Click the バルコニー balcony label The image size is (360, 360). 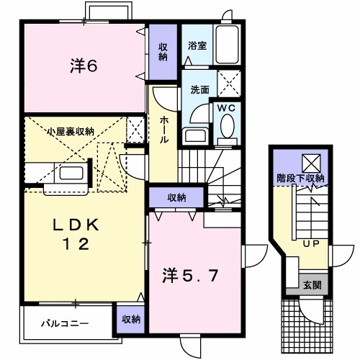pyautogui.click(x=64, y=324)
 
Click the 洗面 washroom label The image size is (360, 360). pyautogui.click(x=199, y=91)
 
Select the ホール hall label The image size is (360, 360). pyautogui.click(x=165, y=130)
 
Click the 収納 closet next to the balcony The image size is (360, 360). pyautogui.click(x=130, y=318)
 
